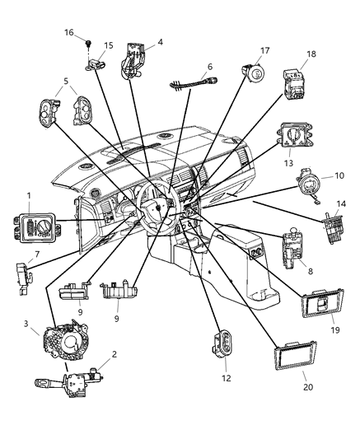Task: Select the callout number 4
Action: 160,40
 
